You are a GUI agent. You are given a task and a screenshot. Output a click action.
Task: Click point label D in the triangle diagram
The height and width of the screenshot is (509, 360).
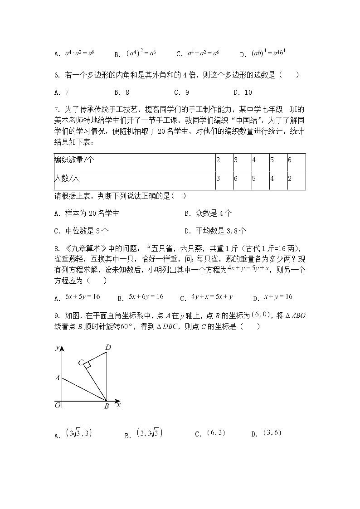point(108,348)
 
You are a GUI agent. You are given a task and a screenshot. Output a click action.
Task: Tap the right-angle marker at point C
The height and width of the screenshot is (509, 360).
point(87,364)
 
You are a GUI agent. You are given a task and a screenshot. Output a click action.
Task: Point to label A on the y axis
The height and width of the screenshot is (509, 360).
point(58,378)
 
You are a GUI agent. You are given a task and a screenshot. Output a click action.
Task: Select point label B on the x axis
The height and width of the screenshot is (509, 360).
point(107,407)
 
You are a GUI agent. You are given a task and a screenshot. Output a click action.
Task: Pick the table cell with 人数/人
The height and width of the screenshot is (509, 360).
point(67,179)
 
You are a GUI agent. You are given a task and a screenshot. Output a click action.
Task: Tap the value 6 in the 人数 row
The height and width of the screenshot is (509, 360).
point(236,179)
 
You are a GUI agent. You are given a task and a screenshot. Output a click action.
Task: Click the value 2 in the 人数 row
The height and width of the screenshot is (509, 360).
point(290,179)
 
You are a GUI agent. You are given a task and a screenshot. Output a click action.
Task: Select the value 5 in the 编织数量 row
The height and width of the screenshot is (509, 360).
point(272,160)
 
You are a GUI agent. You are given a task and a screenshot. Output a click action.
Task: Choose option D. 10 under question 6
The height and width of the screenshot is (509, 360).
point(243,92)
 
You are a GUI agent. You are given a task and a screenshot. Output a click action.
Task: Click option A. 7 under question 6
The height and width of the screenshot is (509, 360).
point(61,92)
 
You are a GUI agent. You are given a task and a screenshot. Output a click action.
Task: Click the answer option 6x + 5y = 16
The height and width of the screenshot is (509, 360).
point(77,297)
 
